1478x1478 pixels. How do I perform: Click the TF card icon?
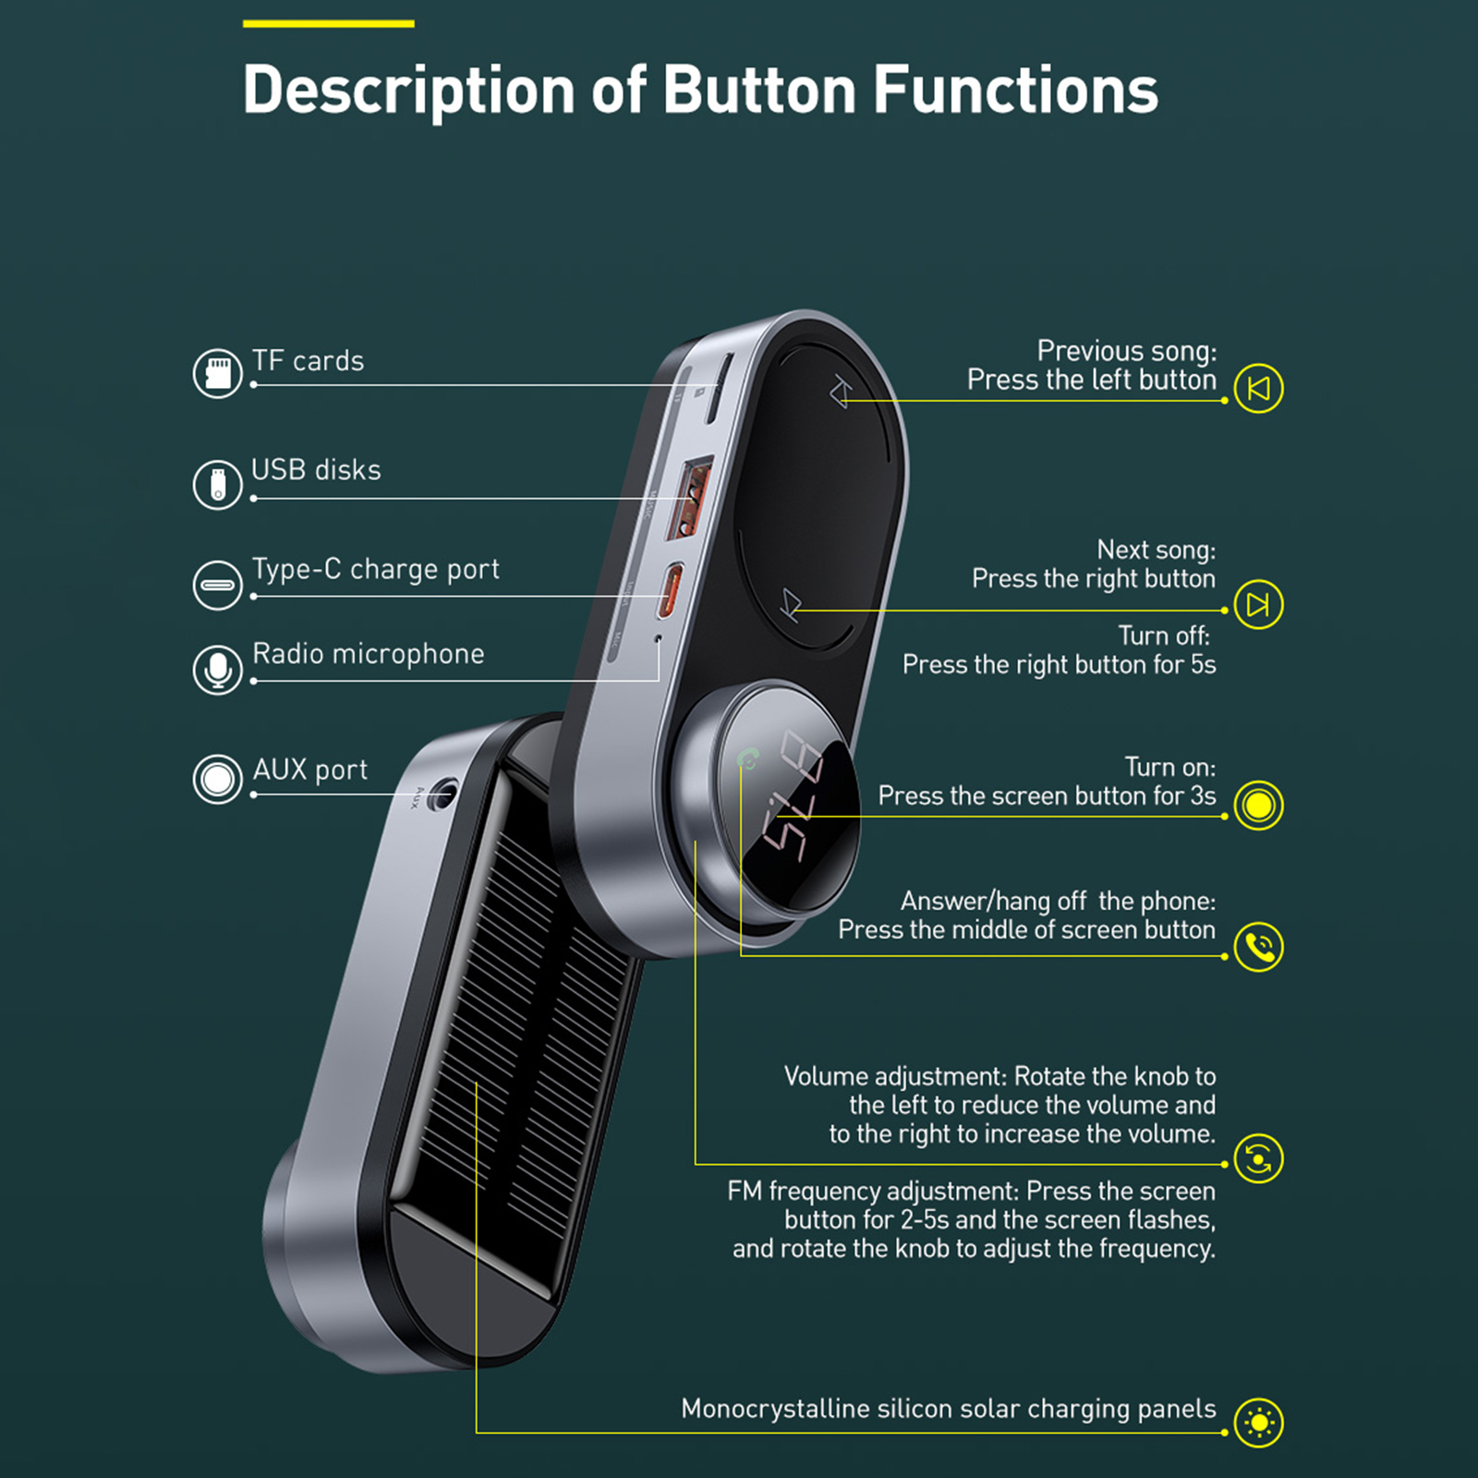pos(217,373)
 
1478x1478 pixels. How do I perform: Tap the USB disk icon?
pos(217,484)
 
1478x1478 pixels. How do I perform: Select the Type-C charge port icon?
pos(217,585)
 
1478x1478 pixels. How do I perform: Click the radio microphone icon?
pos(217,669)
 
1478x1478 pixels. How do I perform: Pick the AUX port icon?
pos(217,779)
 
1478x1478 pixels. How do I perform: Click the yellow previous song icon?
pos(1258,388)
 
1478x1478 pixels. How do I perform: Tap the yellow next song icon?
pos(1258,604)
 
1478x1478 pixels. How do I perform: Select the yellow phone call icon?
pos(1258,947)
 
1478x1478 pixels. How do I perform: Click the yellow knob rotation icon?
pos(1258,1158)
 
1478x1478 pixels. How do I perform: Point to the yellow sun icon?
pos(1258,1423)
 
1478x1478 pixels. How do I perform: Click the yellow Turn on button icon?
pos(1258,805)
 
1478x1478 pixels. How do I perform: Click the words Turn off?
pos(1163,636)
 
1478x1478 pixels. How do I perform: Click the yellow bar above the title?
pos(328,24)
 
